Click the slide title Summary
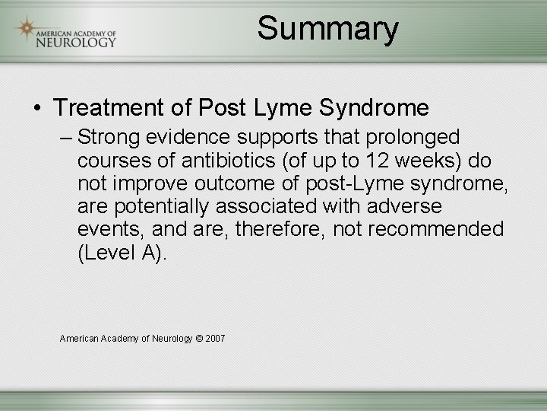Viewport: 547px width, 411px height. [327, 29]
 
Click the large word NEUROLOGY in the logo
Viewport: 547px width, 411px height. [76, 41]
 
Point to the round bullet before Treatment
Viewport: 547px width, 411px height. [37, 109]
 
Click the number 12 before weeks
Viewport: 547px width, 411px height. [375, 161]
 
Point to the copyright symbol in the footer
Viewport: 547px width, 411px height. [199, 338]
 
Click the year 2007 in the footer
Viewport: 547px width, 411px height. [215, 338]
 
